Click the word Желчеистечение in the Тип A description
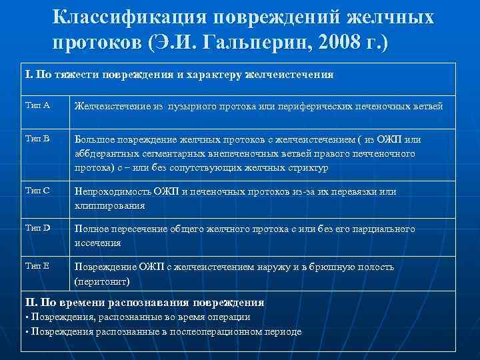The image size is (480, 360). point(110,105)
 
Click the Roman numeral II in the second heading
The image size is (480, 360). point(29,301)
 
